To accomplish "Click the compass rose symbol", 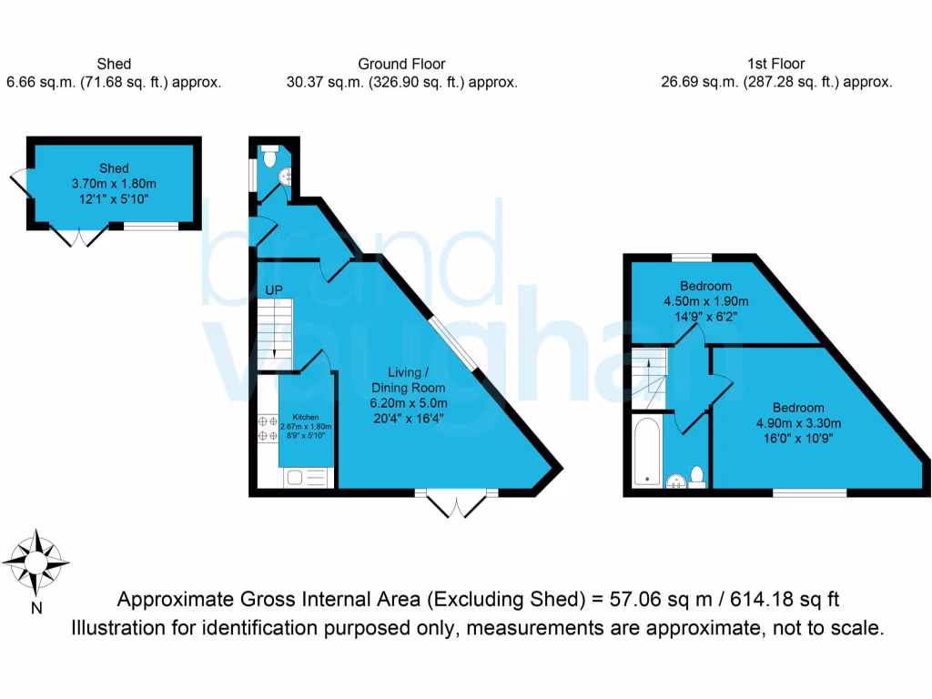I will (x=35, y=562).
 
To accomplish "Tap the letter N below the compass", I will (x=35, y=608).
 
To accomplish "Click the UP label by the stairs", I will (x=274, y=291).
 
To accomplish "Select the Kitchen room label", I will (x=305, y=417).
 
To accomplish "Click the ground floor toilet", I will (x=270, y=158).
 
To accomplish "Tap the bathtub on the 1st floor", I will (x=646, y=451).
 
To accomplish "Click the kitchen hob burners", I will (x=268, y=428).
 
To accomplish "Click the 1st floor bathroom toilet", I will (x=697, y=475).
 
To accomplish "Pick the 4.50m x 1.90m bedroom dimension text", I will (x=705, y=302).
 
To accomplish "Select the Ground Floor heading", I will (x=401, y=64).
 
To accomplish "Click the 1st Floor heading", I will (x=775, y=64).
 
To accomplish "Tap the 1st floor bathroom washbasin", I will (x=674, y=480).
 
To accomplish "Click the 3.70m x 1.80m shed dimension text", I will (x=114, y=183).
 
